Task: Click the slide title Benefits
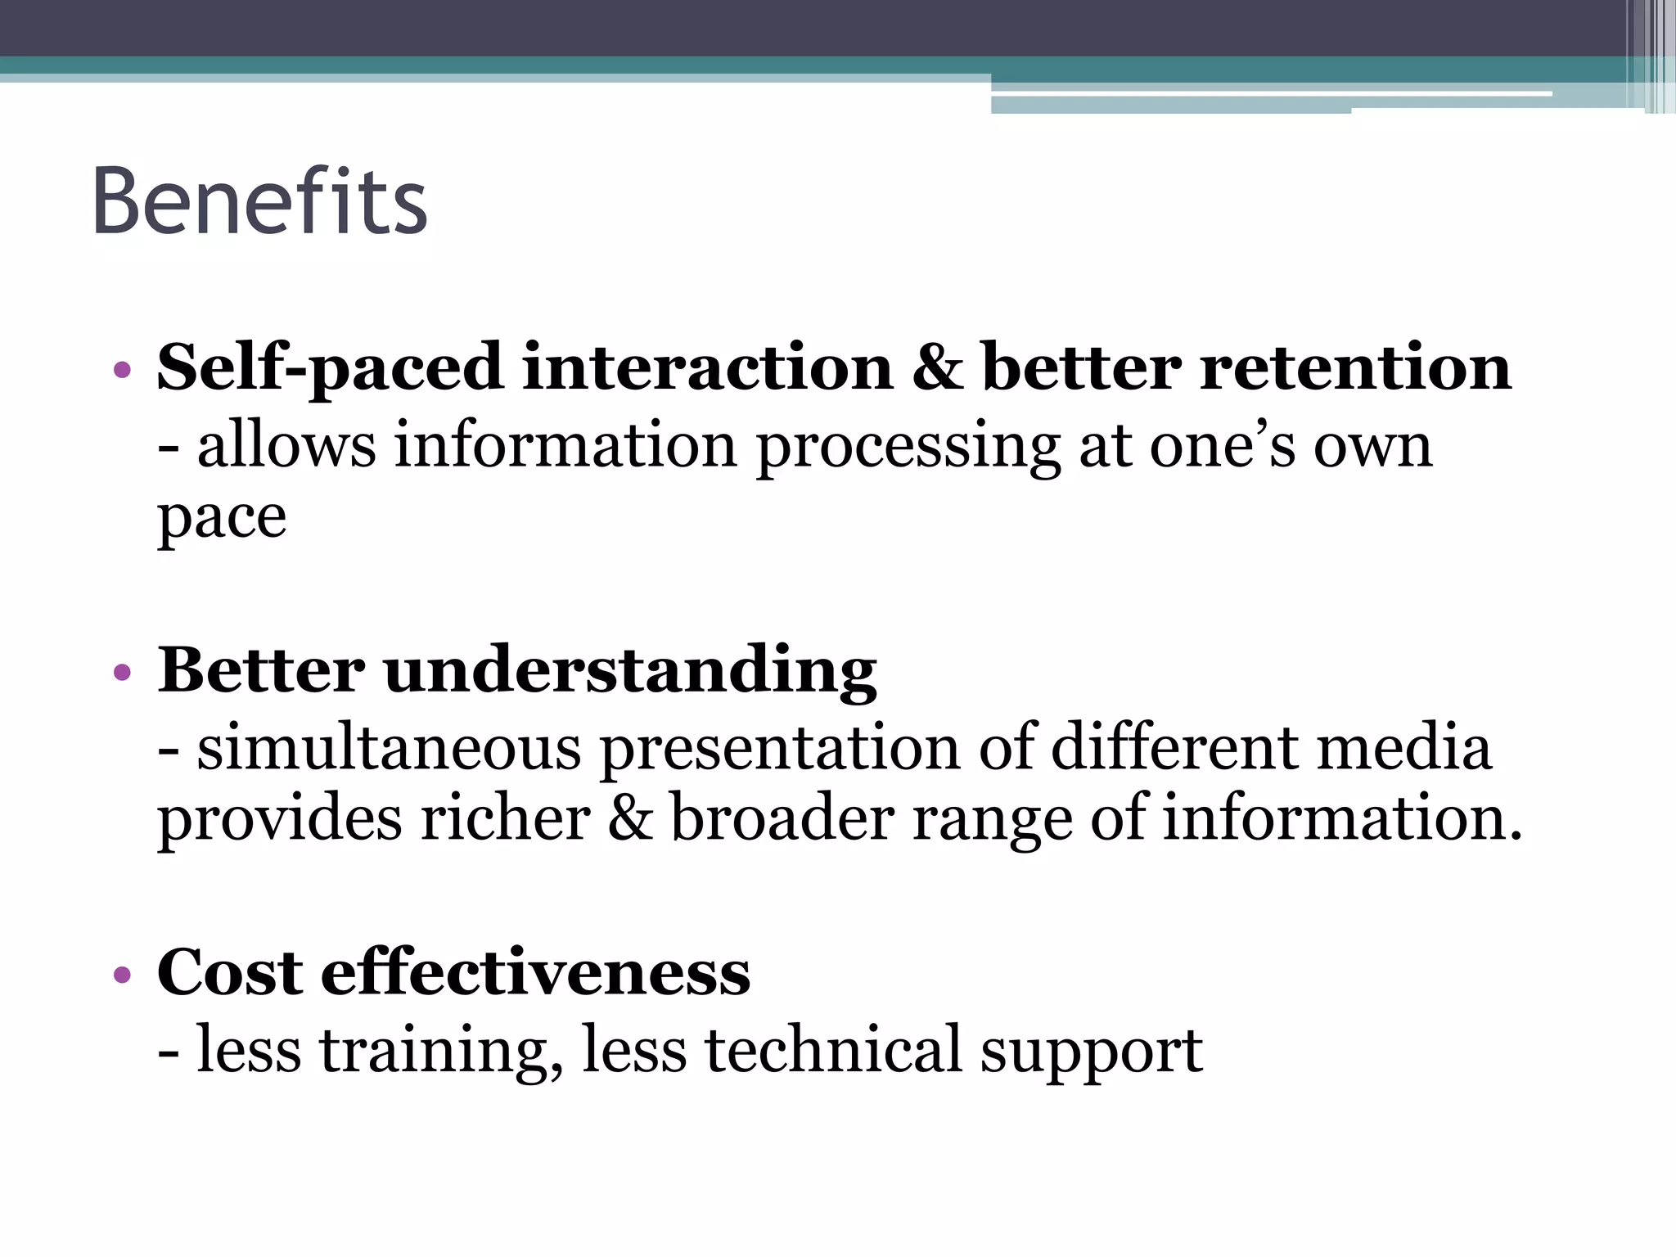click(259, 201)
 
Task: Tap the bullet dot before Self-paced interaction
click(123, 370)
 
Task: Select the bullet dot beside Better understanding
click(123, 673)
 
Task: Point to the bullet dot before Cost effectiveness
click(123, 975)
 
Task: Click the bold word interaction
click(707, 367)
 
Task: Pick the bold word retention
click(1355, 367)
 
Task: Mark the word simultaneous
click(390, 748)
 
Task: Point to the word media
click(1404, 748)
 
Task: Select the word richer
click(505, 818)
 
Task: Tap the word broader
click(782, 818)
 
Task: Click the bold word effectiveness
click(535, 973)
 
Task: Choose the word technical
click(833, 1050)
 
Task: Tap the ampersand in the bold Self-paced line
click(937, 367)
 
